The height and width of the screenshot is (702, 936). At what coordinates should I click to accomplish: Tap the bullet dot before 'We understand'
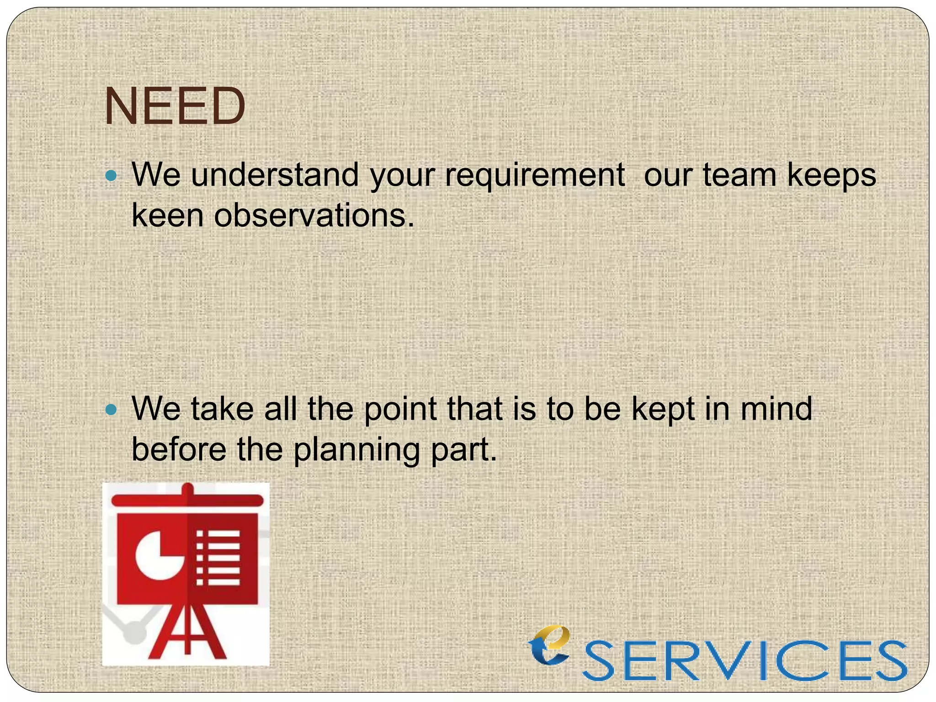click(x=111, y=175)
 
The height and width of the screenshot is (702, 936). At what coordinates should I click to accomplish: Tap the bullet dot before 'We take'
click(x=111, y=409)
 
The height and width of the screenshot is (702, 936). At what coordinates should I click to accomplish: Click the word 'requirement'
click(x=534, y=175)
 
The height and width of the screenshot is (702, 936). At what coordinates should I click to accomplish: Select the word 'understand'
click(x=275, y=175)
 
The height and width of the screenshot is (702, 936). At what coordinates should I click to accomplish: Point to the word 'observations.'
click(x=314, y=215)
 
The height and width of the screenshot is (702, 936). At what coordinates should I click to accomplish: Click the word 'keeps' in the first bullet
click(x=831, y=176)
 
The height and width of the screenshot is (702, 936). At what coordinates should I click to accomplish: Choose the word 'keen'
click(x=167, y=215)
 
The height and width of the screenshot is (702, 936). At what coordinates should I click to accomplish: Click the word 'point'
click(x=399, y=409)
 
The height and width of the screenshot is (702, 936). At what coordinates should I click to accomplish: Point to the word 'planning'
click(x=356, y=450)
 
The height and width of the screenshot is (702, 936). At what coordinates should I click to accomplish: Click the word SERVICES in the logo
click(x=745, y=660)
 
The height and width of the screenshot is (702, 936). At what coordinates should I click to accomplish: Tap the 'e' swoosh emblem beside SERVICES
click(x=550, y=645)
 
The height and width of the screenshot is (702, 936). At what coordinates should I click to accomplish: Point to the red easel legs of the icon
click(x=187, y=633)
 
